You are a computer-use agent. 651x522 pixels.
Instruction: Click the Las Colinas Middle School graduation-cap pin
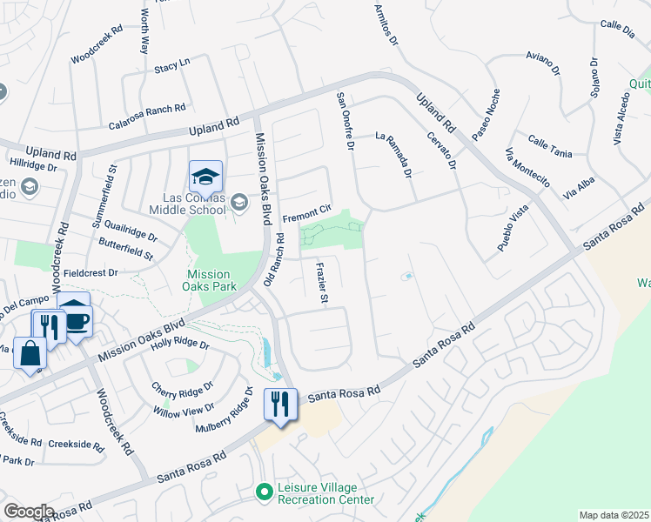pos(206,177)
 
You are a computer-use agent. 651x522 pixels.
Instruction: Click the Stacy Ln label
pos(171,66)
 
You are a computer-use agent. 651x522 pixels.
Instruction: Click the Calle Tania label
pos(550,147)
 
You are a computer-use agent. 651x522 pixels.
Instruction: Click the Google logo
pos(29,511)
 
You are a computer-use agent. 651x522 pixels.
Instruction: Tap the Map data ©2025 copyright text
pos(613,515)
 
